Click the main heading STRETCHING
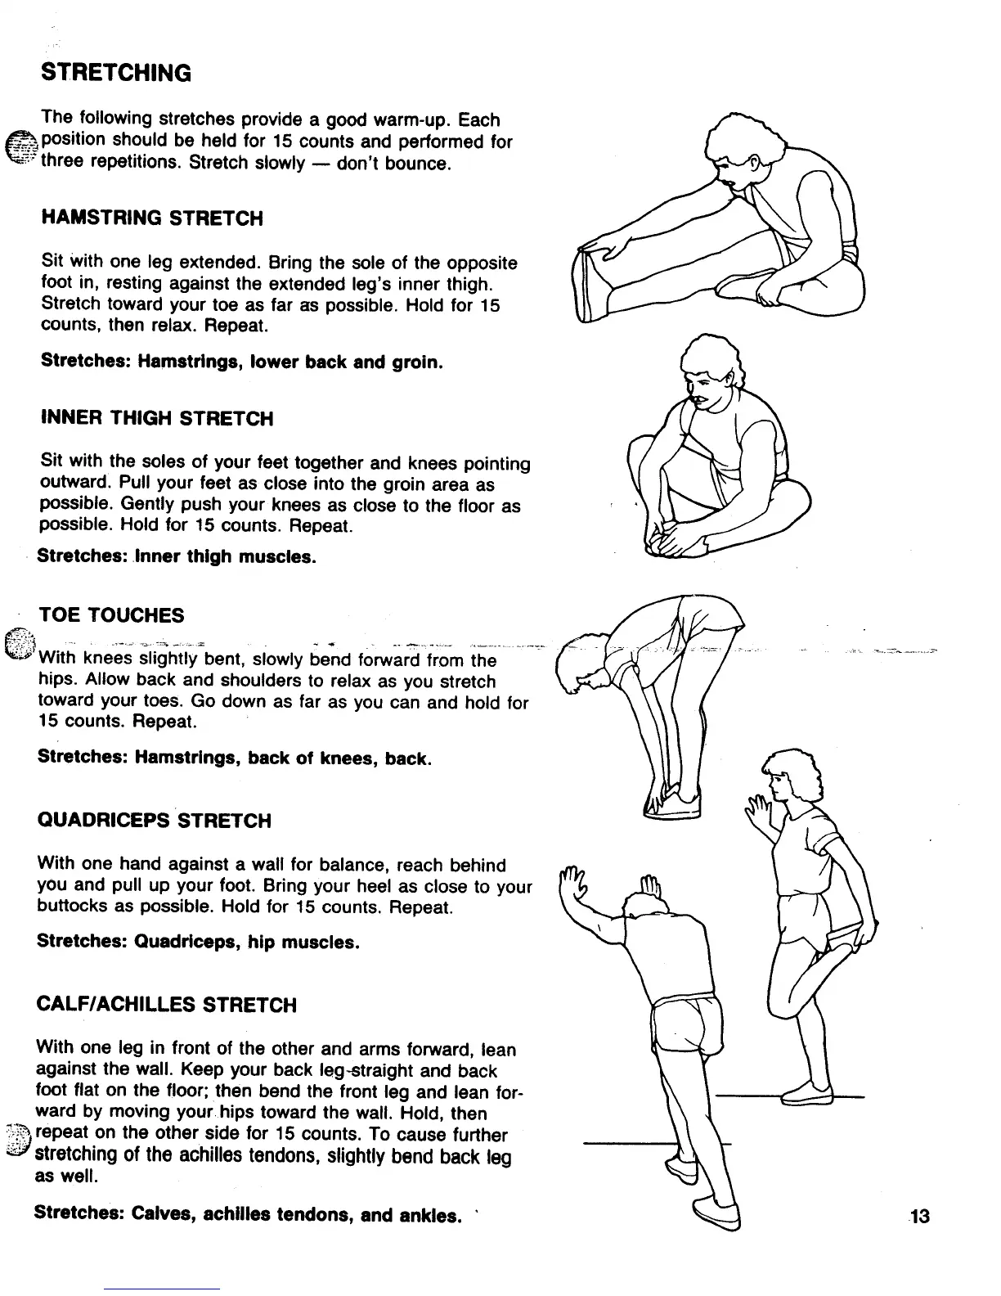pos(115,73)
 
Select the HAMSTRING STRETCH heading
pos(152,218)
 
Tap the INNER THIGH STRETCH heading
pos(157,419)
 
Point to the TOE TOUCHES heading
pos(111,615)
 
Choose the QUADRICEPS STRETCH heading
pos(155,821)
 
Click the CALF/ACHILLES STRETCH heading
pos(167,1005)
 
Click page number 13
pos(919,1216)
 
